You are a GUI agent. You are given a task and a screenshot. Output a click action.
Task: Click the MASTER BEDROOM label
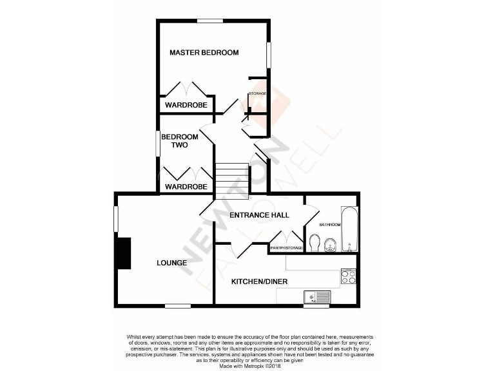(204, 52)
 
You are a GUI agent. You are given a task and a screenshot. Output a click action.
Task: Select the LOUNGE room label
(171, 263)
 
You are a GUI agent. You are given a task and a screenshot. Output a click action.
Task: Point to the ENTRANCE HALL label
(259, 214)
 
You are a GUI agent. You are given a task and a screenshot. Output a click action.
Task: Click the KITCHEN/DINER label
(259, 281)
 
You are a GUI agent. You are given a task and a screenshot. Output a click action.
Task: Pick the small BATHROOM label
(330, 224)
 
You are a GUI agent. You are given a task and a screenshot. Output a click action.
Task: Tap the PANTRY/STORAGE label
(286, 247)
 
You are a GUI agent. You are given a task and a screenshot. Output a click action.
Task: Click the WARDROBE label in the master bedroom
(186, 105)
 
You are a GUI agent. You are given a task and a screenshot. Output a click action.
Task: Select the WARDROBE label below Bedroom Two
(186, 187)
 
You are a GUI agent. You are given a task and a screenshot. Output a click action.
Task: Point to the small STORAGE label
(258, 94)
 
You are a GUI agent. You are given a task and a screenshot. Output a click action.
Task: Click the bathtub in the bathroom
(348, 229)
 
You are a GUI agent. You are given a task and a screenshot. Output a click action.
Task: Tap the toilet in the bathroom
(315, 243)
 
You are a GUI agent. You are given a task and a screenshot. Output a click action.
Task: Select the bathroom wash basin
(330, 244)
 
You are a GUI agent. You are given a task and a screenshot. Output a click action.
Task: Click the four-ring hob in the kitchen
(348, 277)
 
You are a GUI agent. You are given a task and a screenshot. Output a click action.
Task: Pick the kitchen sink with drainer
(317, 297)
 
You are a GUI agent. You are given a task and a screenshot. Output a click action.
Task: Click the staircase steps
(231, 179)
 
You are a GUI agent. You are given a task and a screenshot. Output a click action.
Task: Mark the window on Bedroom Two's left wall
(157, 143)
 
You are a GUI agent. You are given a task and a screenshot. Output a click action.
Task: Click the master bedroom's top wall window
(209, 21)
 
